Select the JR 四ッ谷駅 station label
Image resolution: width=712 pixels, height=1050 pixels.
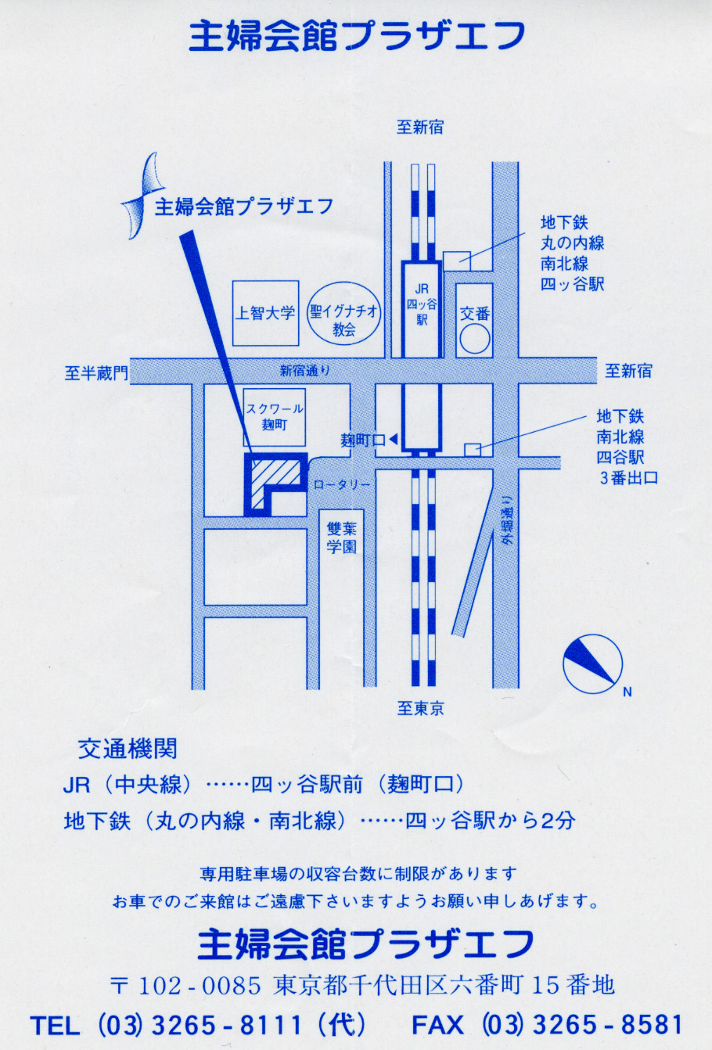[422, 304]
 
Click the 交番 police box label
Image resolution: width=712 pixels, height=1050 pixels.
[474, 313]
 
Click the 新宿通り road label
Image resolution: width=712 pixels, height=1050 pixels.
[305, 371]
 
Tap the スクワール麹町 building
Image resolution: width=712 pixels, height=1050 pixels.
[275, 417]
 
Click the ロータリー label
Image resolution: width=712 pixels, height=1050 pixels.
[342, 484]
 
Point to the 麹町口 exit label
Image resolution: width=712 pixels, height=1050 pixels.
[363, 440]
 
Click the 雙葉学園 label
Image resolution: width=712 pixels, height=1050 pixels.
[342, 538]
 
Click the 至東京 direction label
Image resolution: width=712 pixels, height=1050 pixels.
[420, 708]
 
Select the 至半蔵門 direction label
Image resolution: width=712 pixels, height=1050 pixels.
[96, 373]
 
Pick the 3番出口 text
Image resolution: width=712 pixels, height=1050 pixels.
[629, 478]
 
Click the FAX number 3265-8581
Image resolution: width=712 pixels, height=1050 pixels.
[607, 1025]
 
